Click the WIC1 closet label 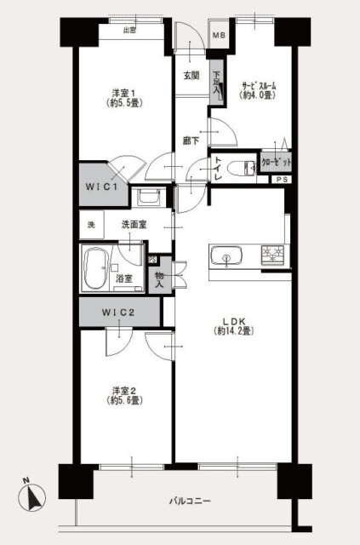[106, 181]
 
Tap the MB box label [218, 36]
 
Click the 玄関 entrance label [191, 75]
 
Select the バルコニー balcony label [189, 501]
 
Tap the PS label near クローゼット [280, 180]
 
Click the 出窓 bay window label [129, 32]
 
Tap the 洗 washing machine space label [89, 226]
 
